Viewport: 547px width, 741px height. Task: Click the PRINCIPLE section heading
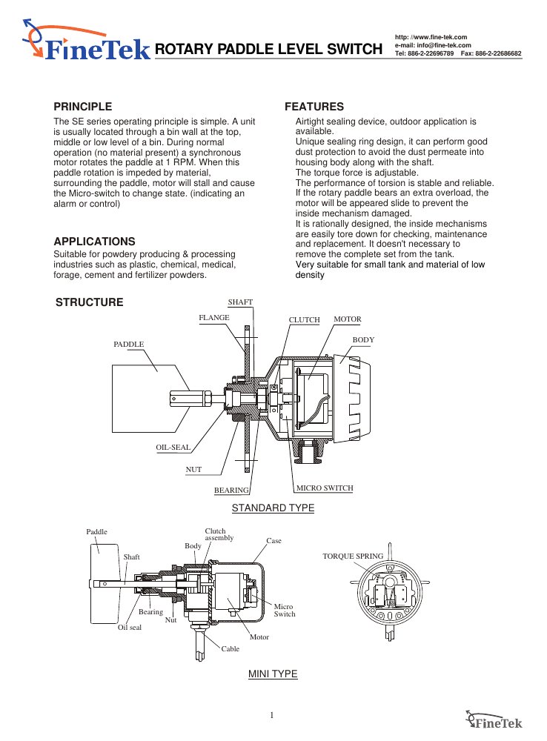(x=83, y=106)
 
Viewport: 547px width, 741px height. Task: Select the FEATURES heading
(x=314, y=106)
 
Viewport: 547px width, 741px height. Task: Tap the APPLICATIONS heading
(x=94, y=241)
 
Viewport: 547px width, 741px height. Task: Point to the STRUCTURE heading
(x=90, y=302)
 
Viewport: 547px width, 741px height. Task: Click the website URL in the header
(x=431, y=37)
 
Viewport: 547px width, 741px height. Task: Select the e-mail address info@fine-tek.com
(x=443, y=45)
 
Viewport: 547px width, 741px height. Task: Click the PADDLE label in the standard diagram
(x=128, y=344)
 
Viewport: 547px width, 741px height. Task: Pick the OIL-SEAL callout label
(x=173, y=447)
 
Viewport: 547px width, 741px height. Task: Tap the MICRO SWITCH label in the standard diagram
(x=325, y=488)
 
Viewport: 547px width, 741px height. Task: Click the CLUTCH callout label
(x=304, y=319)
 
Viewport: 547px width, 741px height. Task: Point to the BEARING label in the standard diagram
(x=231, y=490)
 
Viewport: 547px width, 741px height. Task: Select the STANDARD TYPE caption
(x=273, y=508)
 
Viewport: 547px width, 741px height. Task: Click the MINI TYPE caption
(x=273, y=674)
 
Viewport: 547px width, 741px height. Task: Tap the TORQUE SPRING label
(x=353, y=556)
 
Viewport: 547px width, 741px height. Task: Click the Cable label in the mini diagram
(x=231, y=648)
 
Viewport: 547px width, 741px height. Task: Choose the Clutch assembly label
(x=219, y=534)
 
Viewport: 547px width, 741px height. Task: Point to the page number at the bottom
(x=272, y=715)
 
